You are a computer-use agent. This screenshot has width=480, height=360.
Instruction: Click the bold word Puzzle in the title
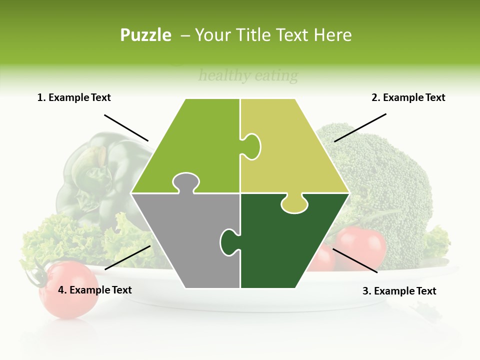point(145,35)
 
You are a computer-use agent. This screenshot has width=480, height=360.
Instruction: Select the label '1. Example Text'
point(74,97)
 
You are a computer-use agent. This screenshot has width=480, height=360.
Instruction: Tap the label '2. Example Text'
point(408,97)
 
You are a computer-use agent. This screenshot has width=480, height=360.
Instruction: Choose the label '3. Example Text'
point(399,291)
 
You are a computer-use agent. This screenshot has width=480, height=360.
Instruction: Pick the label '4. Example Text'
point(95,290)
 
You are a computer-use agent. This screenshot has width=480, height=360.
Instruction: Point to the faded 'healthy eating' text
point(248,76)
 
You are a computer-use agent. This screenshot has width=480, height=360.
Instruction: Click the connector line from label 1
point(126,127)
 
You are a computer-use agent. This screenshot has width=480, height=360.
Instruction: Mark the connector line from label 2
point(360,127)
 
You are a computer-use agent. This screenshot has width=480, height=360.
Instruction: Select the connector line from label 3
point(355,260)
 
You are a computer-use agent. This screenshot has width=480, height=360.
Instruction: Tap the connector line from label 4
point(127,257)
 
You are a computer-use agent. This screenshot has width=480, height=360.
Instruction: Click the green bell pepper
point(100,175)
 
